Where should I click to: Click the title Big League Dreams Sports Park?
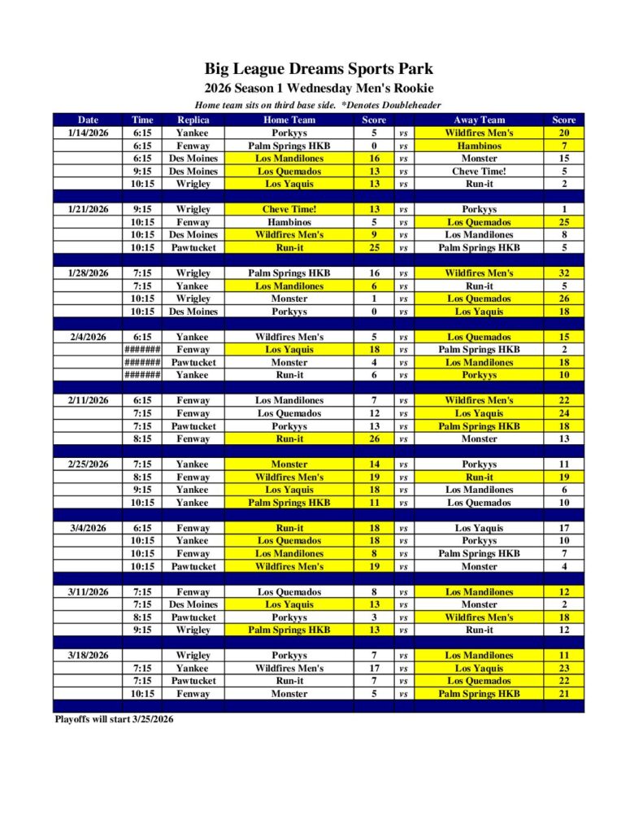coord(319,69)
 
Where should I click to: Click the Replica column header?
coord(193,120)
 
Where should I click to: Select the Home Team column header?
coord(289,120)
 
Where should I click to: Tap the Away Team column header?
coord(479,120)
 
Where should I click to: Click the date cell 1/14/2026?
coord(88,133)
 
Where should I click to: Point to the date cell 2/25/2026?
coord(88,464)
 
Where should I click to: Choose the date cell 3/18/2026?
coord(88,656)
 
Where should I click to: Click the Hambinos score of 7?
coord(563,146)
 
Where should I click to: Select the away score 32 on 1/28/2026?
coord(563,273)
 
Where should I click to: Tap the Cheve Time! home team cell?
coord(289,209)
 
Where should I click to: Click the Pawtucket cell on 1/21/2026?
coord(193,247)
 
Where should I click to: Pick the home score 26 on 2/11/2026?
coord(374,439)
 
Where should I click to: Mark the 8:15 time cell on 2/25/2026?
coord(142,478)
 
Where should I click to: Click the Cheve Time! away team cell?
coord(479,172)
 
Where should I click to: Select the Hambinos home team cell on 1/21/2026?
coord(289,222)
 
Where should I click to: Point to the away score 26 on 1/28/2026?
coord(563,299)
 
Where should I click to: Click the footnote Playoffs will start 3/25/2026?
coord(114,719)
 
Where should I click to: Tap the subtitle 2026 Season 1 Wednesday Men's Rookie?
coord(319,89)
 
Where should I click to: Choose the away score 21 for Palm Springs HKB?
coord(563,694)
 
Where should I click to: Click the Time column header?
coord(142,120)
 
